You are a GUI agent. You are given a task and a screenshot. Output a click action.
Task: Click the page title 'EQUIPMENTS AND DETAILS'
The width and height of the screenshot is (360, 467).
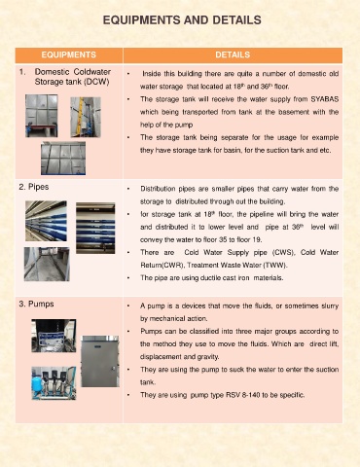(182, 20)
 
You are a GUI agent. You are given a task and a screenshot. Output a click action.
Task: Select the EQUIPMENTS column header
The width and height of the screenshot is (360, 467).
(69, 54)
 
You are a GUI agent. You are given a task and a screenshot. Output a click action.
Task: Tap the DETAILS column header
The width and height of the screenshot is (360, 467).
(233, 54)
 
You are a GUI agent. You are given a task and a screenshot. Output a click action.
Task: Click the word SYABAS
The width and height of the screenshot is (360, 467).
(325, 99)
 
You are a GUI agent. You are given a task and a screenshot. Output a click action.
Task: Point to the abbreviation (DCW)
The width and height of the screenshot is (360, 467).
(96, 82)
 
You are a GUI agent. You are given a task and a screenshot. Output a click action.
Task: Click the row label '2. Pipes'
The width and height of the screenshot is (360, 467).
(34, 187)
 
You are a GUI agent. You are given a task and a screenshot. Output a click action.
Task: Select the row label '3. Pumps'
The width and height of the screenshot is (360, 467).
(36, 304)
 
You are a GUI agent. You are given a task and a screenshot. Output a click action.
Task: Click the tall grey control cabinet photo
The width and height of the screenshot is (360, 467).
(100, 361)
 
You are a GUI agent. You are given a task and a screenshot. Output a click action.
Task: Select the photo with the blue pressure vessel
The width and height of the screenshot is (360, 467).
(54, 383)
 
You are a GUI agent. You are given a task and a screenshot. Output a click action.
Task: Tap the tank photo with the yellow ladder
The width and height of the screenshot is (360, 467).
(86, 117)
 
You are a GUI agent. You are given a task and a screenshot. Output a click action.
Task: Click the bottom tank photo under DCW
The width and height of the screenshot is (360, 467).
(63, 159)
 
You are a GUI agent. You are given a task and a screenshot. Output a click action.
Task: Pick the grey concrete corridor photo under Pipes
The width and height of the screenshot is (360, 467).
(47, 264)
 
